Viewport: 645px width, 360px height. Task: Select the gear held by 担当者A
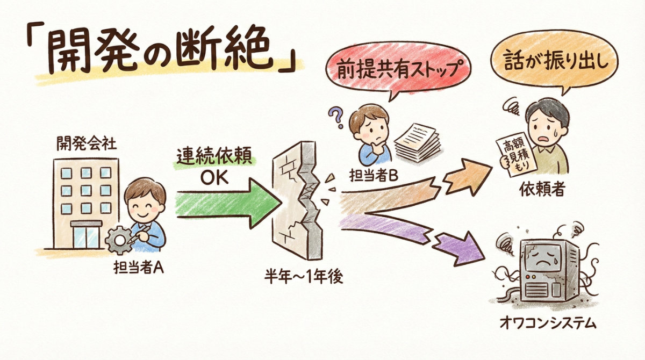point(119,240)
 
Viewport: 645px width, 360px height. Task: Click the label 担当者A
point(139,268)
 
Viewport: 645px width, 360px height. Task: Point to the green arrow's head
point(264,203)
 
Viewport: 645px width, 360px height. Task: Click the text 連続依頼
point(214,157)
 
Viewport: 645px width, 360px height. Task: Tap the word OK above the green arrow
point(214,178)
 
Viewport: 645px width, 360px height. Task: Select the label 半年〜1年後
point(303,278)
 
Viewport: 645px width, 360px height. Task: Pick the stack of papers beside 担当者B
point(418,142)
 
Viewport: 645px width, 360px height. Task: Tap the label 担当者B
point(374,175)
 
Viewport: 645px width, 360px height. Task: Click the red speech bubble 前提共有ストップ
point(398,69)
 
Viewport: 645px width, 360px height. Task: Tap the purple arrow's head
point(461,248)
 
